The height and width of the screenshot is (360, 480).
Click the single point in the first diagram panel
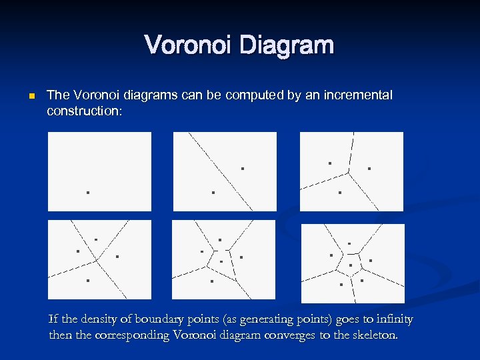coord(87,193)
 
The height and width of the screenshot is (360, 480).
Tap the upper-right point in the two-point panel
coord(243,169)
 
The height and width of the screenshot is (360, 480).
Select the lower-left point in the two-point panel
coord(213,193)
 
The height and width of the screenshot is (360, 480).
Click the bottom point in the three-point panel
coord(339,193)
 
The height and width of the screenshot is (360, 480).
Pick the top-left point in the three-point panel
coord(329,163)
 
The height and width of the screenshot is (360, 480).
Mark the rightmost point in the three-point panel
coord(369,169)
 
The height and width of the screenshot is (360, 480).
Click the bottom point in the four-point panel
coord(87,281)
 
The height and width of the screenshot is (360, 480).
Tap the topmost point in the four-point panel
coord(96,239)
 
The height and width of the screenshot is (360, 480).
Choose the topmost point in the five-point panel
coord(220,239)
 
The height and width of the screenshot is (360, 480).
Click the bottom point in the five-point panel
coord(211,281)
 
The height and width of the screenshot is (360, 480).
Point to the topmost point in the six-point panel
coord(349,243)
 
